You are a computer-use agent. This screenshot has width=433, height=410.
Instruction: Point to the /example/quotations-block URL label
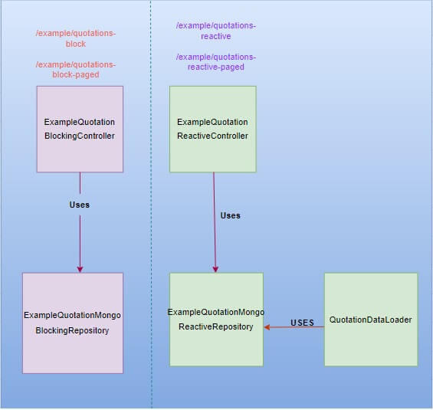(x=76, y=38)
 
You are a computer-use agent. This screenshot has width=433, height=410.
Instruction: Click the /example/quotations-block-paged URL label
(x=76, y=69)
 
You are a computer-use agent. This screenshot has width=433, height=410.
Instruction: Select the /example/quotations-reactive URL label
(x=215, y=31)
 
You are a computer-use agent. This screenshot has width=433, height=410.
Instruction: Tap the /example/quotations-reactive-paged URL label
(x=215, y=61)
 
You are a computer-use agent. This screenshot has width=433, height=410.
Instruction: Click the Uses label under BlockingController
(x=79, y=205)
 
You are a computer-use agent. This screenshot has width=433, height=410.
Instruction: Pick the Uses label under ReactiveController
(x=230, y=215)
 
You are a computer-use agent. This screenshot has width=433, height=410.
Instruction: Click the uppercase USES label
(x=302, y=323)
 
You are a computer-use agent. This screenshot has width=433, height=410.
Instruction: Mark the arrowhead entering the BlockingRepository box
(x=80, y=268)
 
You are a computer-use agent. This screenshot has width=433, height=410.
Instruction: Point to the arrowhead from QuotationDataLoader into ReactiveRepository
(x=268, y=327)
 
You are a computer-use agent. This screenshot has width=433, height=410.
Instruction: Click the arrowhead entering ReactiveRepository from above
(x=215, y=268)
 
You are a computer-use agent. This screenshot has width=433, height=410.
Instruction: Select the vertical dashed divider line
(x=151, y=230)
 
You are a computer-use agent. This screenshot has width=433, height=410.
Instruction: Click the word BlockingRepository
(x=73, y=330)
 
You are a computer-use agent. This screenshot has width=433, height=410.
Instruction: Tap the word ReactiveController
(x=212, y=136)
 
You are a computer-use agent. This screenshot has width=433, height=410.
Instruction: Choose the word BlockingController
(x=80, y=136)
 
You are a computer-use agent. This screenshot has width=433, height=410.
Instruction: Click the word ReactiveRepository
(x=216, y=326)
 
